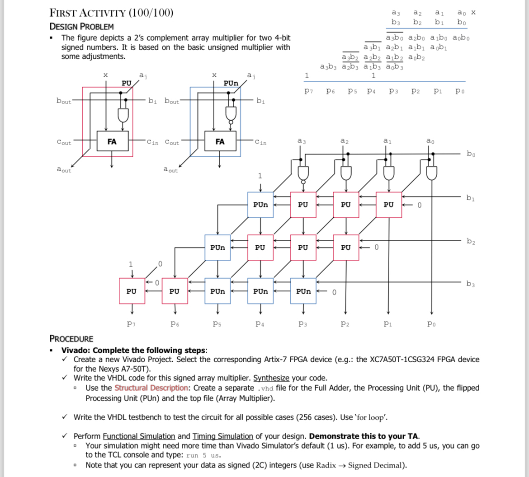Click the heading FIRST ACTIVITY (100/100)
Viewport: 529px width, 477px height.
click(x=111, y=13)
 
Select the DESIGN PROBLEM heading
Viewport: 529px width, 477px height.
click(x=81, y=27)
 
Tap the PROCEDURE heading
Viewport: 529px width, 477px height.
click(x=71, y=339)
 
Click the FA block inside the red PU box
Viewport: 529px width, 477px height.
click(x=112, y=141)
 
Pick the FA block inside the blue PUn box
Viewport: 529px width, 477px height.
click(x=220, y=141)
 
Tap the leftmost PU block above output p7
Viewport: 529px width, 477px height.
click(x=131, y=291)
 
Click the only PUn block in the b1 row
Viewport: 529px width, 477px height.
click(x=260, y=205)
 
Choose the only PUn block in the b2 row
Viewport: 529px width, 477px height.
click(x=217, y=248)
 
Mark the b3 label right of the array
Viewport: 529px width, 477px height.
click(x=471, y=284)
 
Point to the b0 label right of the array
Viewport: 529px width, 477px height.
click(x=471, y=154)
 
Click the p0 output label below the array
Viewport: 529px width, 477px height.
click(x=432, y=323)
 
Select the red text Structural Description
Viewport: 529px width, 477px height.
click(x=151, y=388)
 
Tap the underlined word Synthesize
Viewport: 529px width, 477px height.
click(x=271, y=378)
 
